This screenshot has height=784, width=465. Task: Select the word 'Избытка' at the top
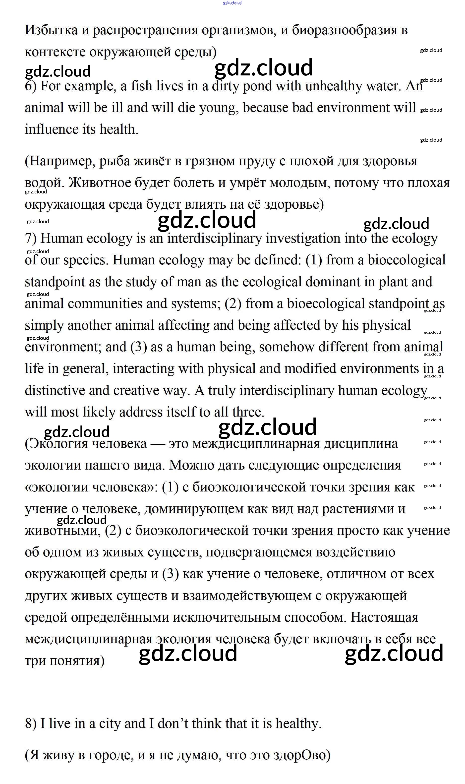[51, 30]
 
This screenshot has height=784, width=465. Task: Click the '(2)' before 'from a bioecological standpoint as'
[233, 304]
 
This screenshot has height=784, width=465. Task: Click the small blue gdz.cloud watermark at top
[232, 3]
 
